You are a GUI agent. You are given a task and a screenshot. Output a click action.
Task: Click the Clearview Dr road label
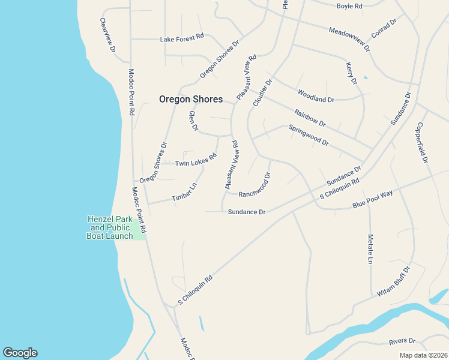(107, 35)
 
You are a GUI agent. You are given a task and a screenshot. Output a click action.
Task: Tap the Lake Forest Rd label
(182, 38)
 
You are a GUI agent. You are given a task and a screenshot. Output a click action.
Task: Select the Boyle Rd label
(349, 6)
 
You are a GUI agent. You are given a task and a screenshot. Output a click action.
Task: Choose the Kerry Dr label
(351, 72)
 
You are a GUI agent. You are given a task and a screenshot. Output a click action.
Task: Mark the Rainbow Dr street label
(310, 118)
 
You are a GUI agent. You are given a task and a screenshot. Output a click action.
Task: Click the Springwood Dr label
(309, 136)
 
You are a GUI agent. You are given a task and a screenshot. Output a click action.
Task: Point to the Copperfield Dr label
(421, 143)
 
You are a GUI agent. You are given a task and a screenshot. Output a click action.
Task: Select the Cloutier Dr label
(263, 92)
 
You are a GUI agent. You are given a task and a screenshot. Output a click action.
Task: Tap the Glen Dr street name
(193, 121)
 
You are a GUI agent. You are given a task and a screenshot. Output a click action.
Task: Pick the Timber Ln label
(184, 193)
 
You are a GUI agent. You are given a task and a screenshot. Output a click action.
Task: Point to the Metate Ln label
(370, 249)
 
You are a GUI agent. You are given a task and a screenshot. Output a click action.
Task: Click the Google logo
(20, 353)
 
